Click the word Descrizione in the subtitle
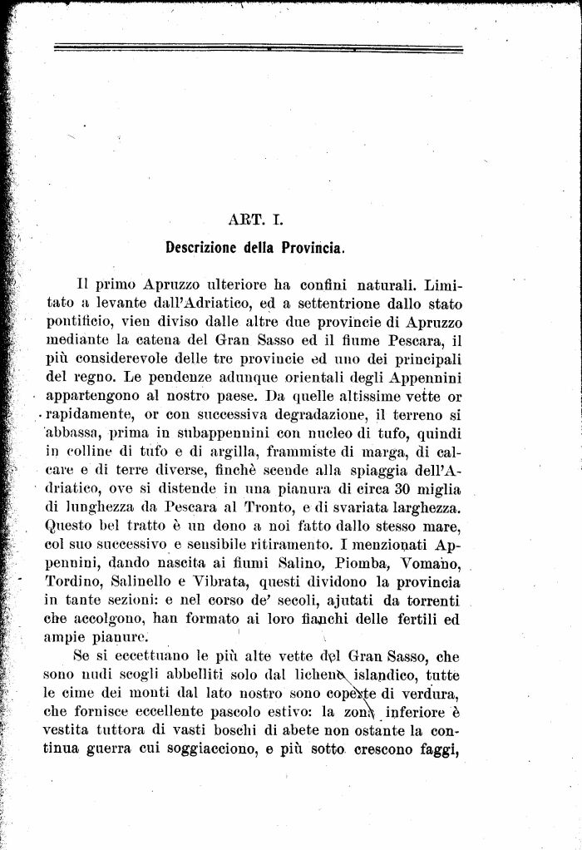pyautogui.click(x=204, y=247)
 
